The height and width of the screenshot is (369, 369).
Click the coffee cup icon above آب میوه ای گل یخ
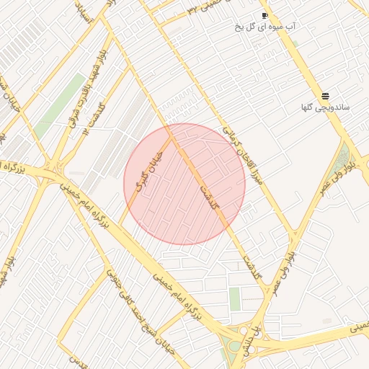[x=264, y=15]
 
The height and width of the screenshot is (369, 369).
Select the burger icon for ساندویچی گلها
[x=326, y=96]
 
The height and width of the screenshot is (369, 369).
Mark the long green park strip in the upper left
[x=61, y=97]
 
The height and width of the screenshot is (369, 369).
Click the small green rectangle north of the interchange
[x=235, y=298]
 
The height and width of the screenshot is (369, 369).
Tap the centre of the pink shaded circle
[x=184, y=184]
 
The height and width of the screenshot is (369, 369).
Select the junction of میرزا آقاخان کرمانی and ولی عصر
[x=293, y=234]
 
